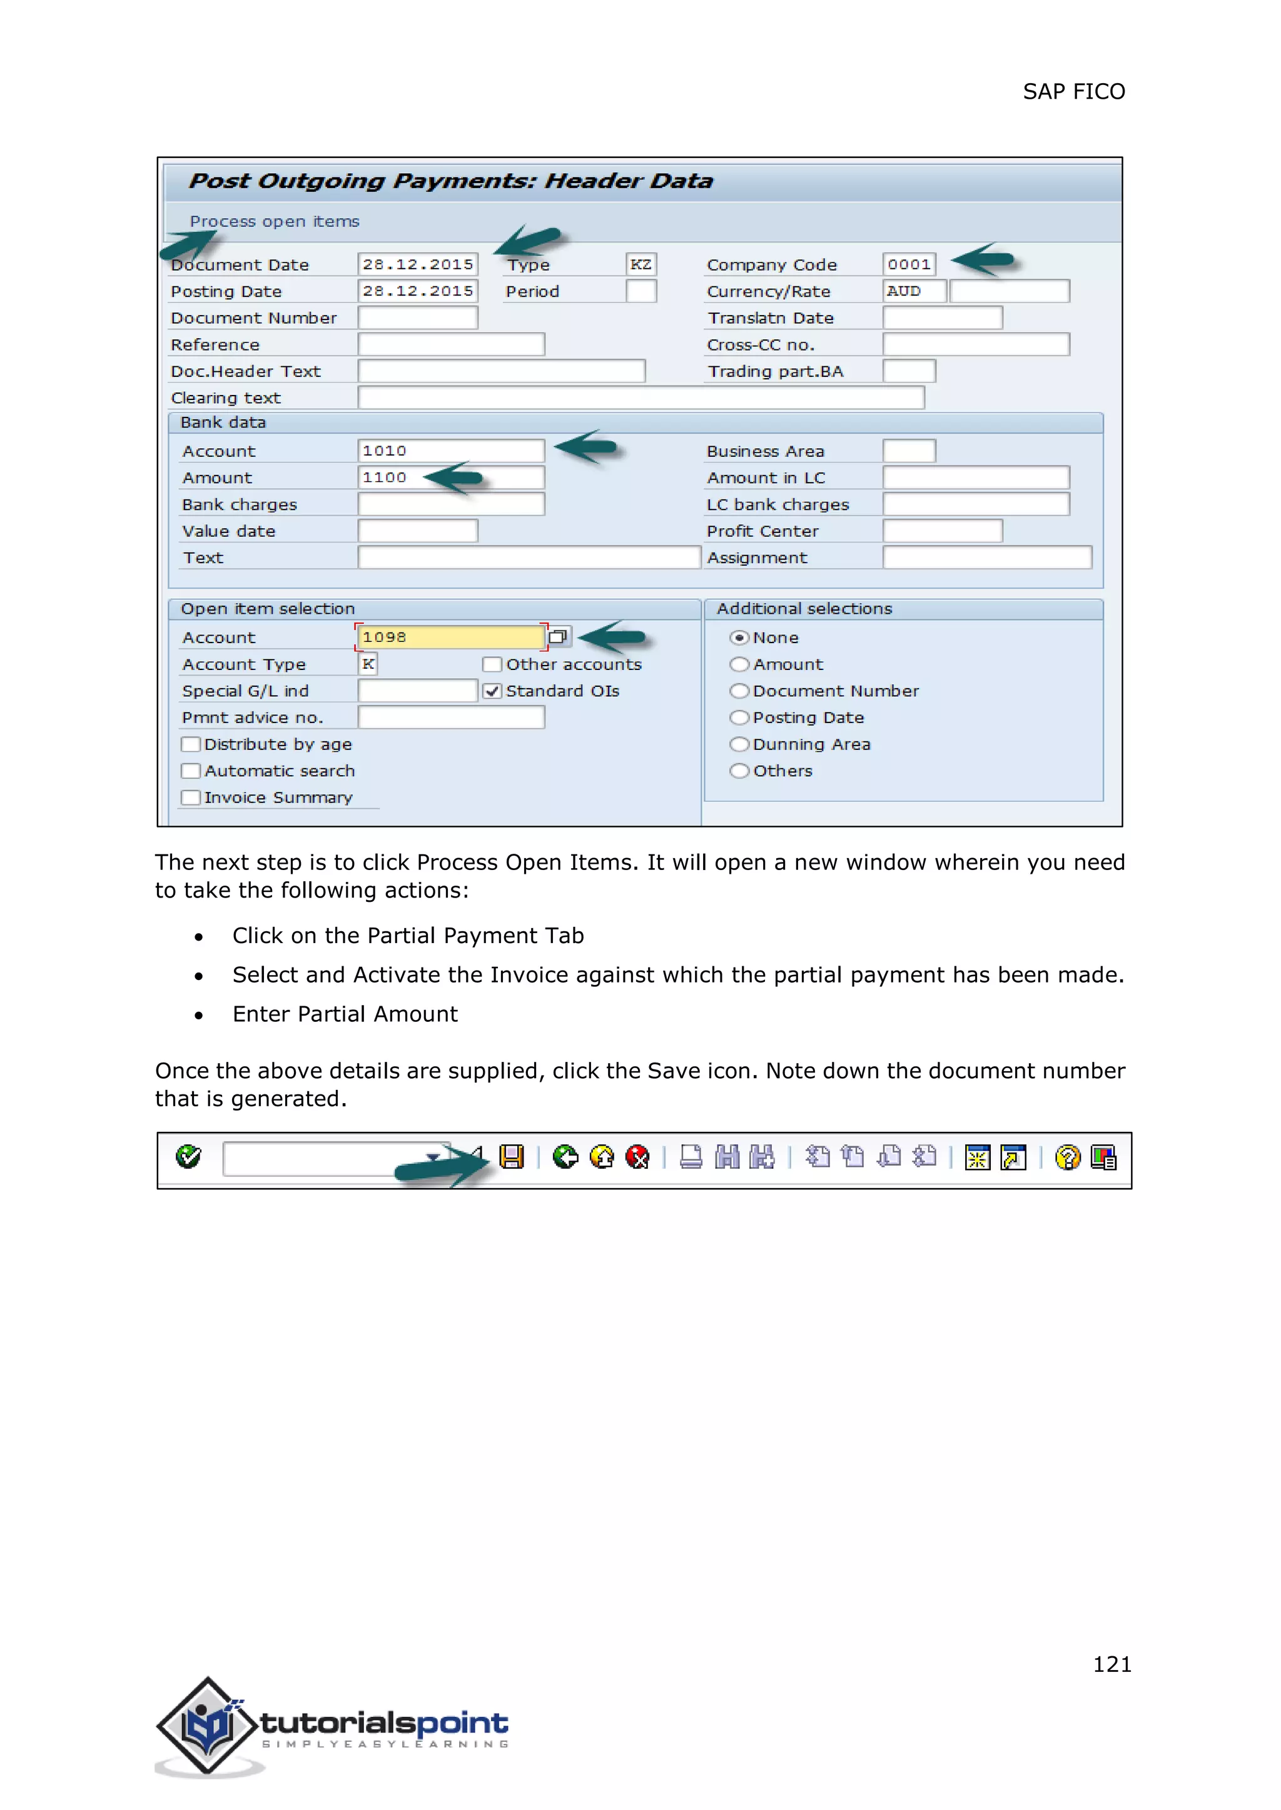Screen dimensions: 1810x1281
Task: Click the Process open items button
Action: click(274, 221)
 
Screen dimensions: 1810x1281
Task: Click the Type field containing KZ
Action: click(640, 265)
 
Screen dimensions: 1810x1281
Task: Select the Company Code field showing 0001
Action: click(909, 265)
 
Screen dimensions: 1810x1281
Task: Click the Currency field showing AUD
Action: click(913, 292)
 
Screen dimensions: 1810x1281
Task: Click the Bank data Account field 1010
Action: click(450, 451)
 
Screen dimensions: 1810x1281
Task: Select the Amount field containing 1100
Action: click(450, 477)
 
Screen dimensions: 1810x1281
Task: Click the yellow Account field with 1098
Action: click(450, 637)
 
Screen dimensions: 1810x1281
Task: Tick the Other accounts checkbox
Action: click(492, 664)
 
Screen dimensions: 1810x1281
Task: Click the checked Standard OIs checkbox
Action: click(492, 691)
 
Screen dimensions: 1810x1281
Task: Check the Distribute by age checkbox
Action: click(190, 744)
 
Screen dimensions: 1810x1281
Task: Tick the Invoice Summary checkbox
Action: click(190, 797)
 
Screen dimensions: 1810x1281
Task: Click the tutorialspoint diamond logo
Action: click(208, 1725)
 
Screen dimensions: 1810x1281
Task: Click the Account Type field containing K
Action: click(368, 664)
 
